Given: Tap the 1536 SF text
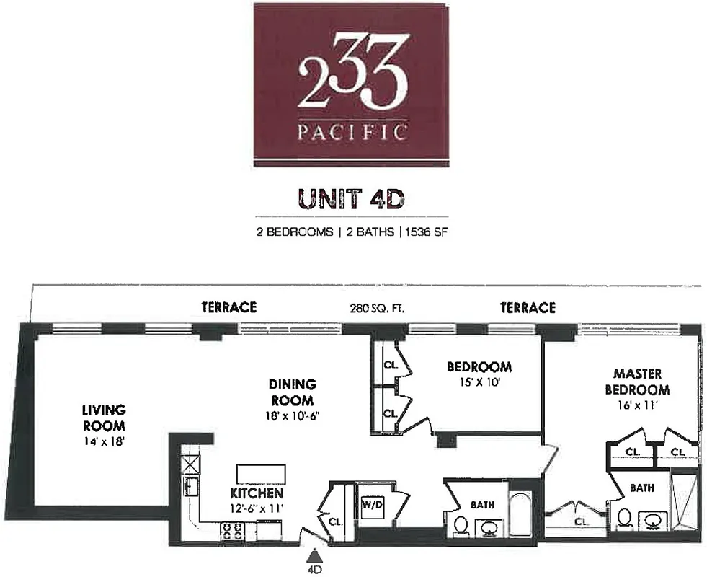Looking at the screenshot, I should tap(427, 232).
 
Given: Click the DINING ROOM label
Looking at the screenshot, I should tap(293, 392).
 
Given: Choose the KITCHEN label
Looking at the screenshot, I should tap(256, 493).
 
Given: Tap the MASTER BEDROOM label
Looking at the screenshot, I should tap(641, 382).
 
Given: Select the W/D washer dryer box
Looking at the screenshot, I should tap(373, 503).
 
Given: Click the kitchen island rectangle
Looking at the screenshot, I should tap(261, 473).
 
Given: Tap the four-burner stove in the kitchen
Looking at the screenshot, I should tap(232, 532).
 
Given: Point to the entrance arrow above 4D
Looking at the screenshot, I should tap(314, 556).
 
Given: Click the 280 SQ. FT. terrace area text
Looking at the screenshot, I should tap(373, 308).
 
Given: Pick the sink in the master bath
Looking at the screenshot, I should tap(655, 520).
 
